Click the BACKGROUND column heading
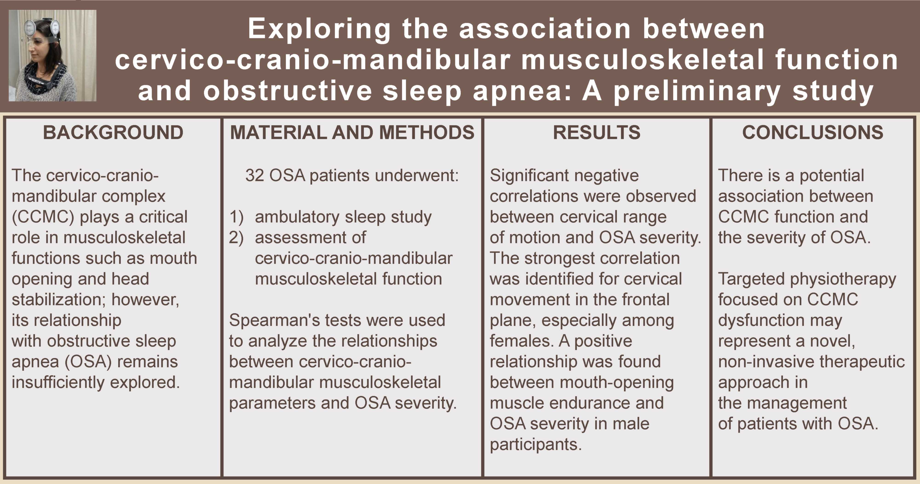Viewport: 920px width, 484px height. [x=113, y=132]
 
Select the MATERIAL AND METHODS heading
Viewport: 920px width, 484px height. [x=352, y=132]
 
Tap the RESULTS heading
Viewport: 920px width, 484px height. [x=596, y=132]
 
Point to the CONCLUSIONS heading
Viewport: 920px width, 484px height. [x=813, y=132]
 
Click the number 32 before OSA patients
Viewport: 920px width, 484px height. [x=255, y=176]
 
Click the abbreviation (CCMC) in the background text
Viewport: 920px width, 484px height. [x=43, y=217]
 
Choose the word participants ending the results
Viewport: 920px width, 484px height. [x=535, y=445]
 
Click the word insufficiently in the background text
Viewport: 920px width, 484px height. [x=58, y=382]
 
